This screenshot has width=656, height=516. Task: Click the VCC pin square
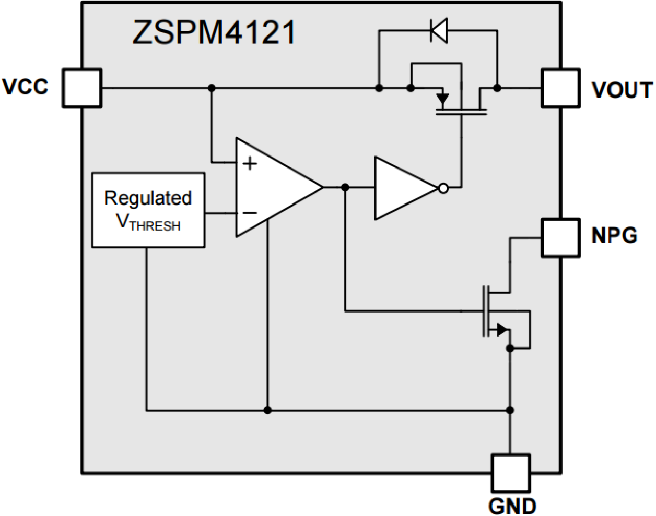coord(82,88)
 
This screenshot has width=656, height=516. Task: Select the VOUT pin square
coord(560,88)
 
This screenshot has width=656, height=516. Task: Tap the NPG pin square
coord(560,238)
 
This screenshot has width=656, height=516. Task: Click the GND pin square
coord(511,473)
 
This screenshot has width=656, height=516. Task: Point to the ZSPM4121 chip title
coord(214,32)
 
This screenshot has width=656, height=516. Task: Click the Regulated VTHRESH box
coord(148,210)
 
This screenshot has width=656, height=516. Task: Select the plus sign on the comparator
coord(250,163)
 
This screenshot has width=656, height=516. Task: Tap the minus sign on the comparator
coord(250,213)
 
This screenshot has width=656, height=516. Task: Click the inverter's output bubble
coord(443,188)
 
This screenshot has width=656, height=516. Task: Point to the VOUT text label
coord(622,90)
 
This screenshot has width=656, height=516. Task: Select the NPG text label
coord(614,235)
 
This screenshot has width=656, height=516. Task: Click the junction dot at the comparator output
coord(345,187)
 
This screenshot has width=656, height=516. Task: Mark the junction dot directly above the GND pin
coord(510,411)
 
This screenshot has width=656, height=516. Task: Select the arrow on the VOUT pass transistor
coord(442,98)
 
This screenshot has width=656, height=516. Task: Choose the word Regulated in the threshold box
coord(148,198)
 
